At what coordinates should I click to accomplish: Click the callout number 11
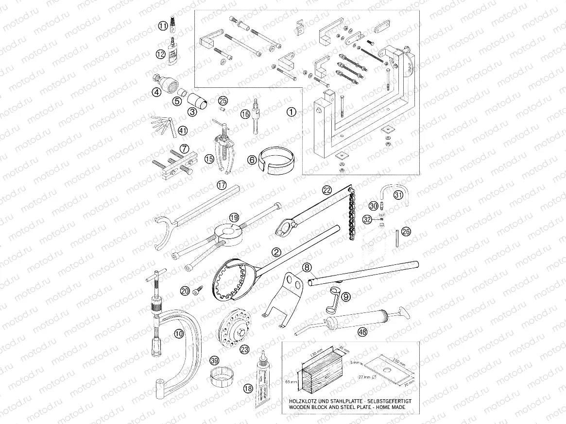pos(164,25)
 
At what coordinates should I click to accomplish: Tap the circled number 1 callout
pos(291,112)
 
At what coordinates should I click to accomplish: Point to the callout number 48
pos(362,332)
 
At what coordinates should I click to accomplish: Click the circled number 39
pos(214,360)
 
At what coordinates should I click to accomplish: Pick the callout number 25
pos(223,100)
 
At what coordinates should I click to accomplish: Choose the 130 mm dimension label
pos(317,351)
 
